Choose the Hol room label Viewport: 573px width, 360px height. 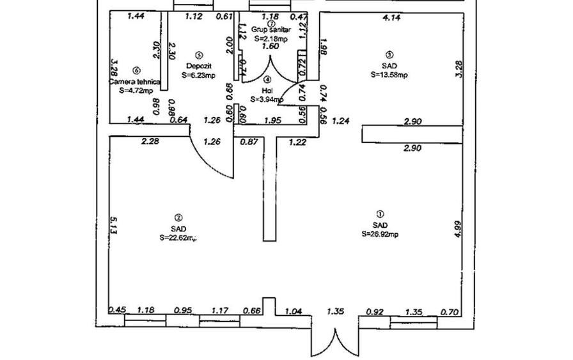[267, 90]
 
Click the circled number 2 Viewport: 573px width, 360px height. [178, 217]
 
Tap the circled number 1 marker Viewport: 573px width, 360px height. [380, 215]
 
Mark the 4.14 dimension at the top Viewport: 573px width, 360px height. [391, 18]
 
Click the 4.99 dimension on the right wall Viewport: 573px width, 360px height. [457, 228]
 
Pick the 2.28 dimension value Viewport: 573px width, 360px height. [150, 142]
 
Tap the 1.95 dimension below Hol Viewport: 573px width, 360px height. [273, 120]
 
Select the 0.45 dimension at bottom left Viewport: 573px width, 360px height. [116, 311]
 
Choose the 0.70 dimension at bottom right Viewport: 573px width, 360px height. [450, 312]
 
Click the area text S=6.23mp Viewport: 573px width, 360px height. [198, 75]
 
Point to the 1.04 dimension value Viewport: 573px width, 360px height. [293, 311]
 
